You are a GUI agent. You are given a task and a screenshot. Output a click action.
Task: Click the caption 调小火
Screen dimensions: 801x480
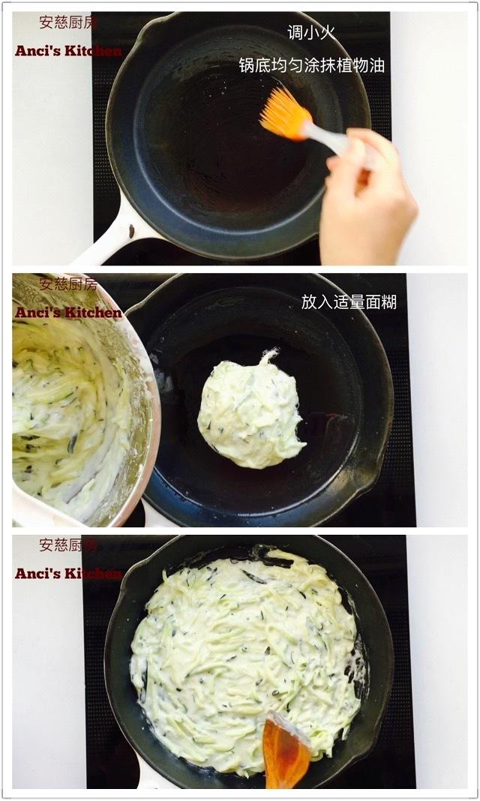tap(312, 32)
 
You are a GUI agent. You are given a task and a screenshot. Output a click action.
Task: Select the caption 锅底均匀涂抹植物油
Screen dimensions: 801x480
tap(311, 65)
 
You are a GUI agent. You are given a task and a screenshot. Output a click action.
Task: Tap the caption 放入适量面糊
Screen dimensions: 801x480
tap(349, 301)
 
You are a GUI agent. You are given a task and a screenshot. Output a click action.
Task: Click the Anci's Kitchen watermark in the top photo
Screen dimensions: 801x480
tap(68, 51)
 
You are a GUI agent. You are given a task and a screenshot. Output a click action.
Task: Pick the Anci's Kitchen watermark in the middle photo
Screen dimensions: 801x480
tap(68, 312)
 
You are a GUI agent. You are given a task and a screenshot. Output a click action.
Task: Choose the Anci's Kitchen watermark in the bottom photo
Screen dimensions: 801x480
tap(68, 573)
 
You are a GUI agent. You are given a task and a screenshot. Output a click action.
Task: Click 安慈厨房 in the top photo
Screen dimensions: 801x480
tap(68, 22)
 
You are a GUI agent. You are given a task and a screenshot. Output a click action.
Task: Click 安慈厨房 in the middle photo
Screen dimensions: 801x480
tap(68, 284)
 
